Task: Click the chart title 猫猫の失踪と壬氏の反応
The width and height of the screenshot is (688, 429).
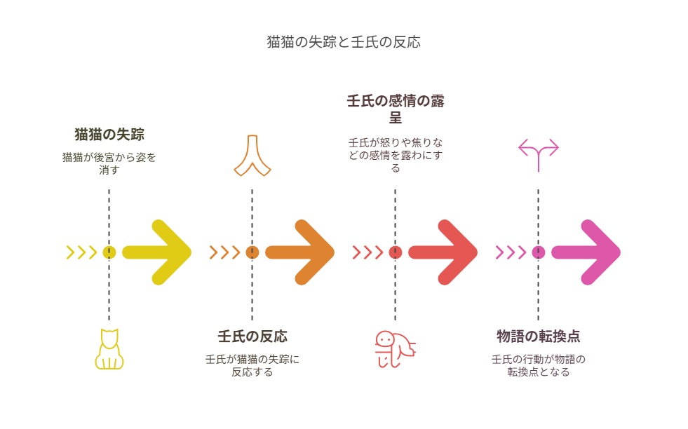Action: [344, 42]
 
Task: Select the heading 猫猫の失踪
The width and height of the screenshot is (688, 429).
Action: [109, 134]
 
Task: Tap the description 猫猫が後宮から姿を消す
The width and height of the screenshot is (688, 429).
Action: [109, 163]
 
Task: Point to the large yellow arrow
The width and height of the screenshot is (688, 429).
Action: [156, 252]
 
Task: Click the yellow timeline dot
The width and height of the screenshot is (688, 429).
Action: [109, 252]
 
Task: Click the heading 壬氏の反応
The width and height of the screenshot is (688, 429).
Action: [252, 336]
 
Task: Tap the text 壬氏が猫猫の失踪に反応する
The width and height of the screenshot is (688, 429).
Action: [252, 365]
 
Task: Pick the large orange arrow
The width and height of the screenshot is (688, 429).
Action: [299, 252]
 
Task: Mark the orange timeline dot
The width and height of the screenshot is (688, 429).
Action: [252, 252]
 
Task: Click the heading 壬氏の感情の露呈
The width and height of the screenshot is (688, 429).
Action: [396, 109]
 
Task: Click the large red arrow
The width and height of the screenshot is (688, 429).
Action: [443, 252]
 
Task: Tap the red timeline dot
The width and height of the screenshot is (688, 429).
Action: [396, 252]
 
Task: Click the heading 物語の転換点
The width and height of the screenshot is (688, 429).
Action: [539, 336]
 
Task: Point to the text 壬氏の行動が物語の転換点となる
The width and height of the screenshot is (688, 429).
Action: [539, 365]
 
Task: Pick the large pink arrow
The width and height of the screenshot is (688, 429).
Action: [586, 252]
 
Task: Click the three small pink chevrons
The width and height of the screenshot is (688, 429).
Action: [511, 252]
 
